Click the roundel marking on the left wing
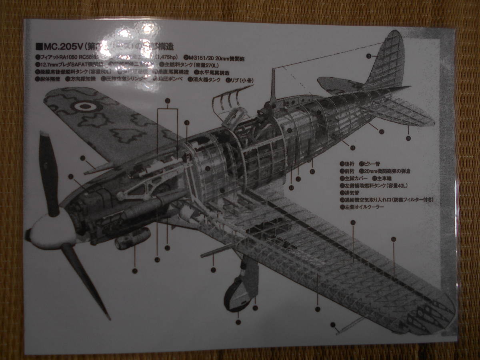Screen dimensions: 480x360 tap(84, 106)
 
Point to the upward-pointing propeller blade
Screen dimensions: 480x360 tap(48, 174)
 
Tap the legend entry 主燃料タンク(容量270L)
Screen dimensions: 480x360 tap(182, 65)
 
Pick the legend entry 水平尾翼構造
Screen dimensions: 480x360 tap(214, 72)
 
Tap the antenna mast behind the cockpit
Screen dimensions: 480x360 tap(274, 84)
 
